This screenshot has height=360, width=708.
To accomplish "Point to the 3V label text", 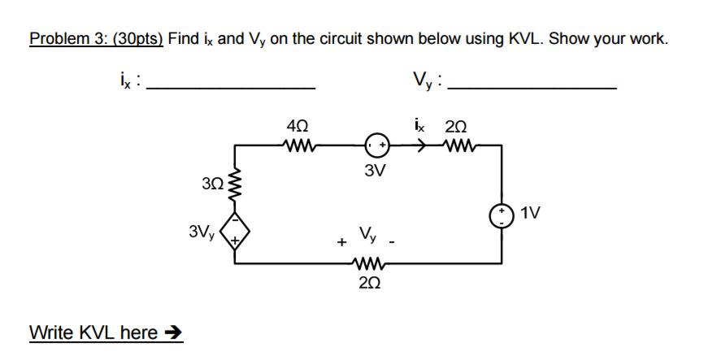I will coord(375,172).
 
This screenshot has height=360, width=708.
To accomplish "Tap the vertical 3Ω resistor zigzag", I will coord(236,186).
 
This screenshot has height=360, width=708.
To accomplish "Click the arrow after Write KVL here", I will coord(175,333).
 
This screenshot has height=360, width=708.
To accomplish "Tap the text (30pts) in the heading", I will coord(137,38).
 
